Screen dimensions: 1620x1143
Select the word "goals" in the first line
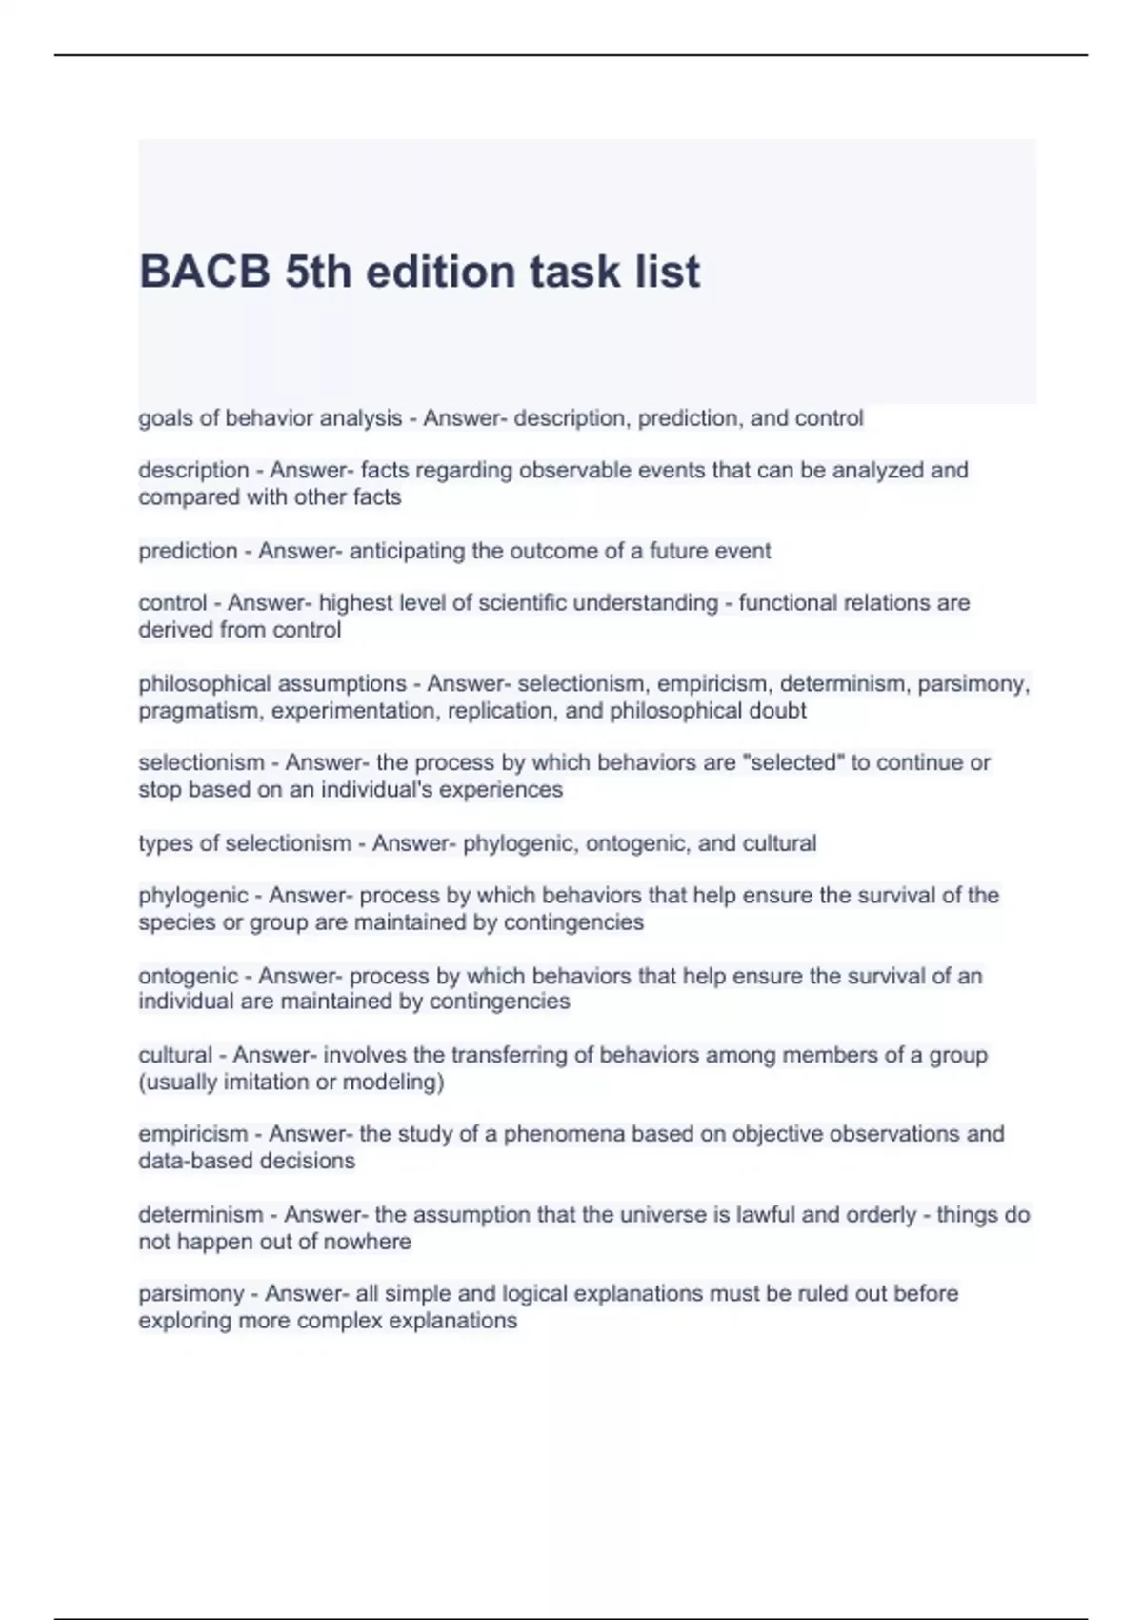[x=164, y=418]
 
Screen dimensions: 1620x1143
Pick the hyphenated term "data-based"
[x=188, y=1162]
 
